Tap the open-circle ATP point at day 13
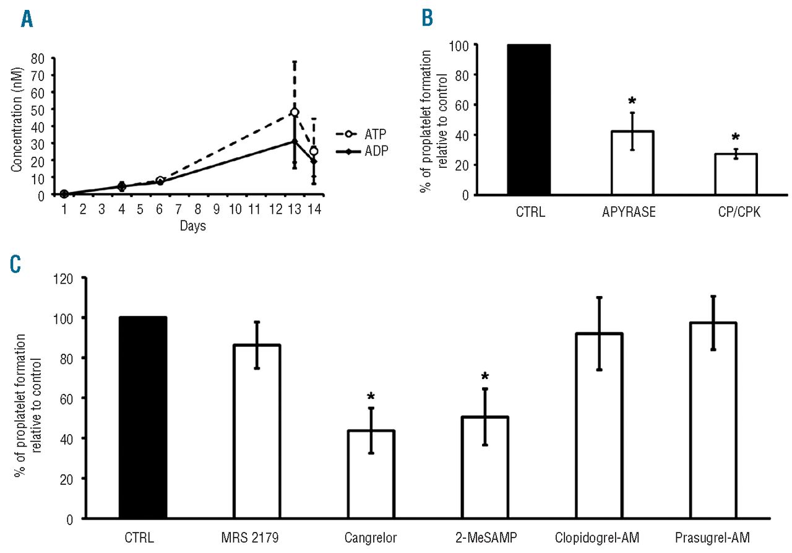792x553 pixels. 295,113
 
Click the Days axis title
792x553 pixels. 193,226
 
